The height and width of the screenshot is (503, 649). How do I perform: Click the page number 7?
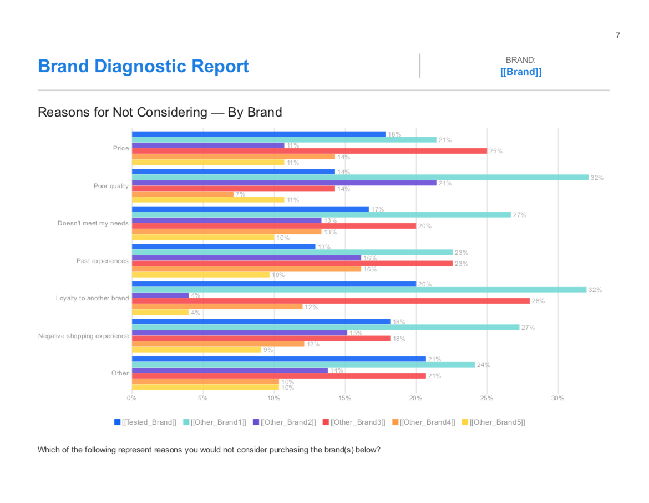click(x=617, y=36)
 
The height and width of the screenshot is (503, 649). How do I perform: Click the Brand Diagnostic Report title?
click(x=143, y=66)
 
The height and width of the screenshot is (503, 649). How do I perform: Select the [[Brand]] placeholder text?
click(x=520, y=72)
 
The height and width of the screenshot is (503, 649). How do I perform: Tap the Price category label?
click(x=121, y=148)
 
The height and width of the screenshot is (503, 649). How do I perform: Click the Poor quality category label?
click(x=111, y=186)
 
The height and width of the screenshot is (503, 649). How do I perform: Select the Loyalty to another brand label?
click(x=92, y=298)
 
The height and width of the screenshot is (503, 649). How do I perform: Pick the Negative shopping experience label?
click(x=83, y=336)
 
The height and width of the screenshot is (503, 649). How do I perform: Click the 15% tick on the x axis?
click(x=344, y=398)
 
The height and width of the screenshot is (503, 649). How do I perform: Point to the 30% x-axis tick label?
click(x=557, y=398)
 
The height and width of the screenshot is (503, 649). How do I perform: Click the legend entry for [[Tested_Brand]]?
click(x=145, y=422)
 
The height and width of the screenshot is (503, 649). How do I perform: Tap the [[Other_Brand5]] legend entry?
click(x=493, y=422)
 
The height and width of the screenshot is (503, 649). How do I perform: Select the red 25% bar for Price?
click(x=309, y=151)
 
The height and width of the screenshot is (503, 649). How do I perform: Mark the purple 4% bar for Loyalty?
click(x=160, y=295)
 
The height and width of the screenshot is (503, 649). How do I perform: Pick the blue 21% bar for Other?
click(x=278, y=359)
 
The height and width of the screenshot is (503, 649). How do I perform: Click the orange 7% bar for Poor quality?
click(x=183, y=194)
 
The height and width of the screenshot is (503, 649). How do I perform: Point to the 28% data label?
click(x=538, y=301)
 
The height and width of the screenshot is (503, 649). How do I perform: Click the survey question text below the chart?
click(x=209, y=450)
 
